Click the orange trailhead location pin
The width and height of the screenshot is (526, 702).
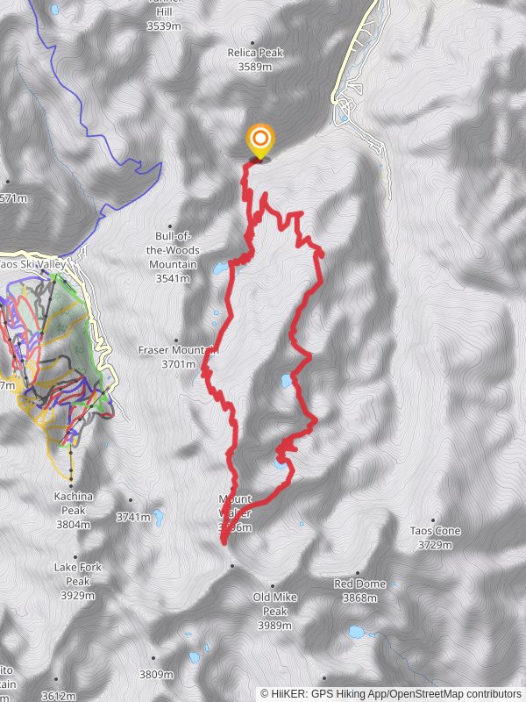click(259, 140)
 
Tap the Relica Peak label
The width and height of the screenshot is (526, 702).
click(256, 53)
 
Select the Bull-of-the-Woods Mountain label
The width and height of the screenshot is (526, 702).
click(173, 250)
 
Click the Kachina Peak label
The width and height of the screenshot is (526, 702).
click(73, 503)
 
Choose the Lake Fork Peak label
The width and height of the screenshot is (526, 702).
click(77, 574)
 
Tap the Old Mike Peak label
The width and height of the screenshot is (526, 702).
click(275, 604)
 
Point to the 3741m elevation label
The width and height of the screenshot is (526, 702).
click(132, 518)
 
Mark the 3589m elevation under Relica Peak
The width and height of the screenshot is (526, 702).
click(256, 66)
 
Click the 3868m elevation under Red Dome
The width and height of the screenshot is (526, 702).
click(359, 598)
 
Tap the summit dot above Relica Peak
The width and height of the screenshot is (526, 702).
click(253, 42)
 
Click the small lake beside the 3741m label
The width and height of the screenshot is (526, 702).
click(158, 515)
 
